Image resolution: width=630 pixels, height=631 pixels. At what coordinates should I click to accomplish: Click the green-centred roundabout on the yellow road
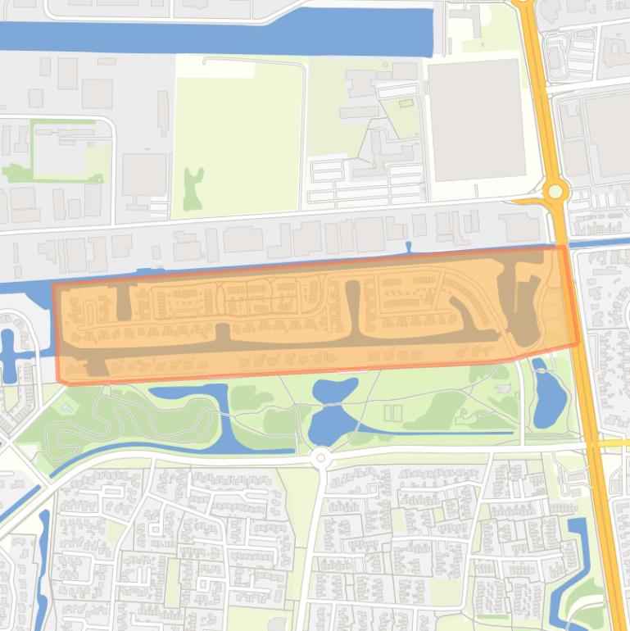(x=556, y=192)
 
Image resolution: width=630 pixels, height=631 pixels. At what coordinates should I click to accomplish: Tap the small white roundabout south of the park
(x=320, y=457)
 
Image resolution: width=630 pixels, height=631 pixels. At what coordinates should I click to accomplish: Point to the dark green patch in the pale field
(x=193, y=187)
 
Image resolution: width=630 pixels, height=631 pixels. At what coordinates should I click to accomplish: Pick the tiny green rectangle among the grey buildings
(x=406, y=103)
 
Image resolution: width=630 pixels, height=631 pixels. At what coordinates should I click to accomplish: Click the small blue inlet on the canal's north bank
(x=408, y=247)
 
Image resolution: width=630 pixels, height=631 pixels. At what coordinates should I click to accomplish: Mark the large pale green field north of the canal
(x=238, y=135)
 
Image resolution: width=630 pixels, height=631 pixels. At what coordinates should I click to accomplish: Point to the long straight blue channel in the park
(x=459, y=432)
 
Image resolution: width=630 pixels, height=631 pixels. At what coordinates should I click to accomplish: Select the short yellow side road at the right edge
(x=614, y=443)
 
